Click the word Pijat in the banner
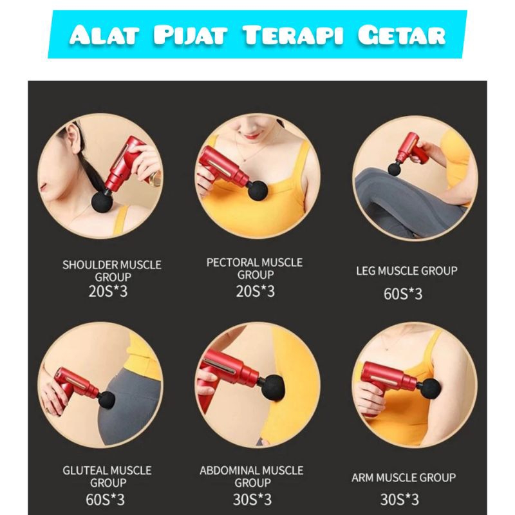pos(190,35)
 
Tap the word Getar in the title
pos(401,35)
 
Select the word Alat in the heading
pos(104,35)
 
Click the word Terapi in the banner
pos(292,35)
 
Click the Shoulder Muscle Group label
pos(112,270)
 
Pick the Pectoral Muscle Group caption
pos(254,268)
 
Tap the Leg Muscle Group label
pos(407,270)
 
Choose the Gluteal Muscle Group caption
pos(107,476)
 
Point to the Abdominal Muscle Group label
pos(252,476)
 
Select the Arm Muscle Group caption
pos(404,478)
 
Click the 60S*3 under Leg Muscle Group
pos(403,294)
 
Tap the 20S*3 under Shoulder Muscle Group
pos(108,291)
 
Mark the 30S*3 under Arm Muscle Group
pos(400,500)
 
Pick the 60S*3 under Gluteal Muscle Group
pos(105,500)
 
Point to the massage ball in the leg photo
pos(395,170)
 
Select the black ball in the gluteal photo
pos(106,400)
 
